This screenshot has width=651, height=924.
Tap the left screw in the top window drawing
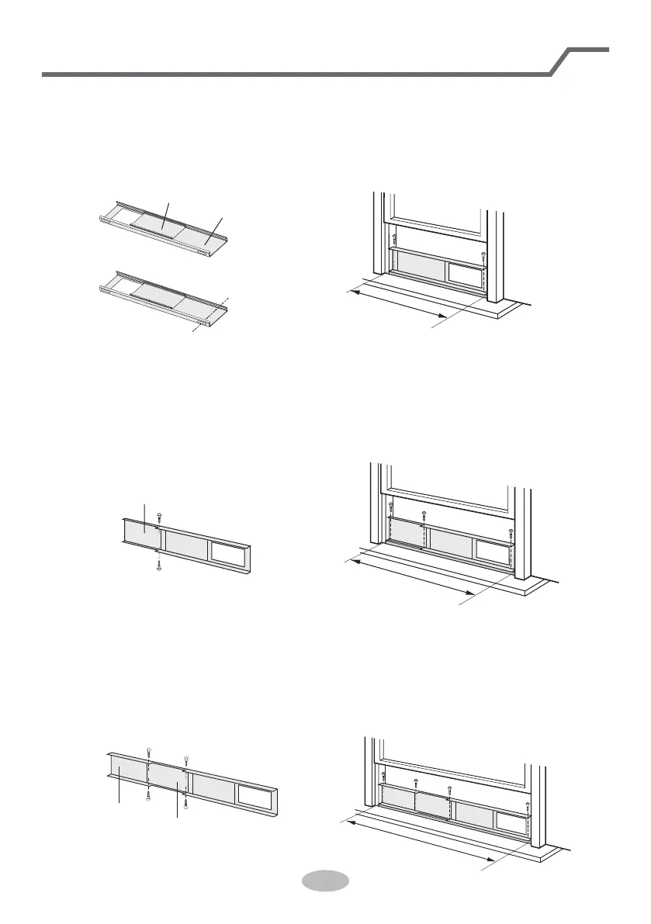coord(395,238)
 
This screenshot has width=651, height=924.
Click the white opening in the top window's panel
coord(466,272)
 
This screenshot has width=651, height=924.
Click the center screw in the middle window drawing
coord(424,514)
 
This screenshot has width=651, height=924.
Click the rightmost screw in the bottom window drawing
coord(528,805)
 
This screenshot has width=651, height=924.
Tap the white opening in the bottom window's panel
coord(512,822)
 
